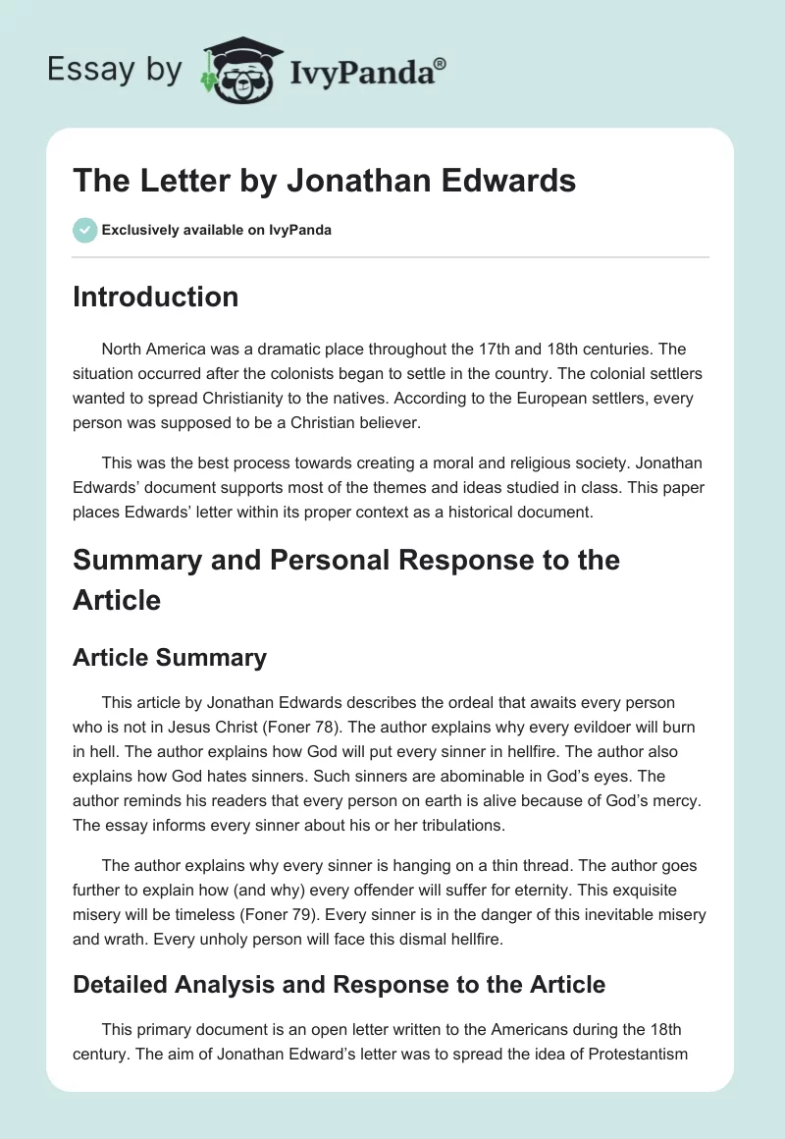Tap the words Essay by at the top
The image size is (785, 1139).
pos(116,69)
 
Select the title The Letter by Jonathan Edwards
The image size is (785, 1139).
pos(324,182)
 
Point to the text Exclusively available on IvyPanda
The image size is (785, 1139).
pos(216,231)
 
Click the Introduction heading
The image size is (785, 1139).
pos(155,297)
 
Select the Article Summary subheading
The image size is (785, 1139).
pos(169,657)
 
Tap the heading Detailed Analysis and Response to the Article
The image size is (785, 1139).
pos(339,984)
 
